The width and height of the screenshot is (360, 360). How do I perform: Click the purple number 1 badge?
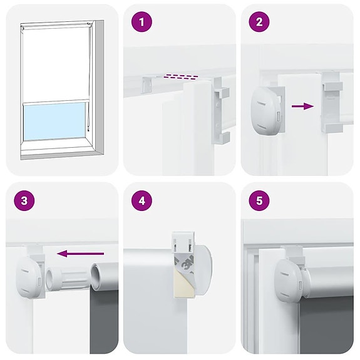tap(142, 23)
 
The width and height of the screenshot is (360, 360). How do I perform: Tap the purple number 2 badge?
tap(259, 23)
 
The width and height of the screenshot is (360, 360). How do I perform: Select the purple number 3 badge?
tap(24, 202)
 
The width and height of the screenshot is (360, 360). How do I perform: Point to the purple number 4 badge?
tap(142, 202)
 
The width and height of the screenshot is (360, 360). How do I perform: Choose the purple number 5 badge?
tap(259, 202)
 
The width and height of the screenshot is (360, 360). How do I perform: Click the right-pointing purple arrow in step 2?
tap(302, 106)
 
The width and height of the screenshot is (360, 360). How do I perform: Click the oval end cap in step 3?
tap(28, 276)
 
